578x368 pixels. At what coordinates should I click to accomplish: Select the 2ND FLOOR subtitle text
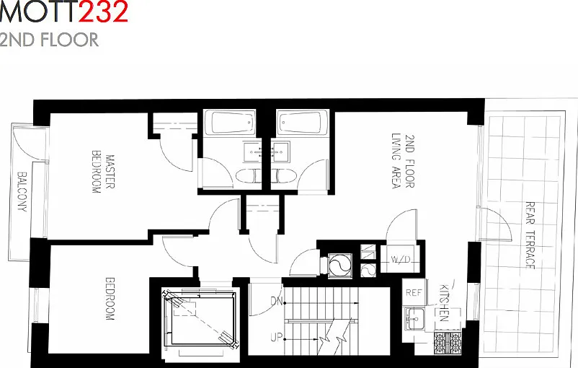pyautogui.click(x=49, y=40)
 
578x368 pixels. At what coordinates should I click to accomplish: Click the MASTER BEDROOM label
pyautogui.click(x=103, y=172)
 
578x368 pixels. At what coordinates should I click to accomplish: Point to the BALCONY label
pyautogui.click(x=22, y=191)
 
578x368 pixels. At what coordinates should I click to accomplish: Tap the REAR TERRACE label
pyautogui.click(x=530, y=235)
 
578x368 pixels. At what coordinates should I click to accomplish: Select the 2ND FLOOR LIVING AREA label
pyautogui.click(x=403, y=162)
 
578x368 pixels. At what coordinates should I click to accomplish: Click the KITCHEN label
pyautogui.click(x=444, y=302)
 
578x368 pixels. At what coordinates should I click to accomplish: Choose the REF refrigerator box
pyautogui.click(x=414, y=293)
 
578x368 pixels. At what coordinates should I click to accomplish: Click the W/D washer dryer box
pyautogui.click(x=400, y=259)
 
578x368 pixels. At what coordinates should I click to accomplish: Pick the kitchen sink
pyautogui.click(x=414, y=318)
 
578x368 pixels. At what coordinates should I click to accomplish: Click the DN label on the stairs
pyautogui.click(x=277, y=302)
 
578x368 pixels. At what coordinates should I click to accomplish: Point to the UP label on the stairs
pyautogui.click(x=277, y=338)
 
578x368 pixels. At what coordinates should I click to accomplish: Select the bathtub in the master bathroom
pyautogui.click(x=230, y=123)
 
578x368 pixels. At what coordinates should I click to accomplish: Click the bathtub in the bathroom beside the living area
pyautogui.click(x=303, y=122)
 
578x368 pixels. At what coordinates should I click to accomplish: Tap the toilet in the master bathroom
pyautogui.click(x=248, y=176)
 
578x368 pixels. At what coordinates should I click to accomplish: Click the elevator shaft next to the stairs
pyautogui.click(x=200, y=320)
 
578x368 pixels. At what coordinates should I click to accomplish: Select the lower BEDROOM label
pyautogui.click(x=110, y=299)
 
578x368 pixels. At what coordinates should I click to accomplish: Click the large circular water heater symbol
pyautogui.click(x=340, y=265)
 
